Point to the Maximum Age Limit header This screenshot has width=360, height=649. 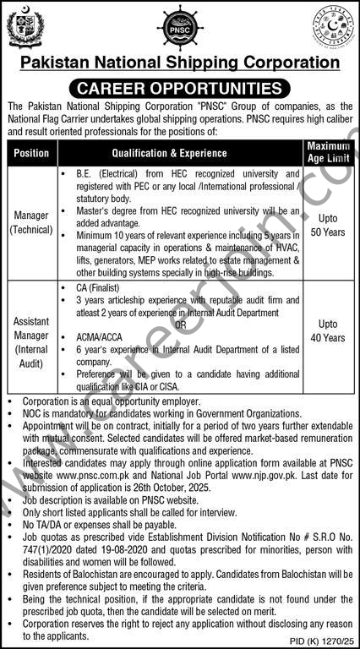[x=327, y=153]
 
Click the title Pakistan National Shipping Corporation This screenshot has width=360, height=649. [x=180, y=62]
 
